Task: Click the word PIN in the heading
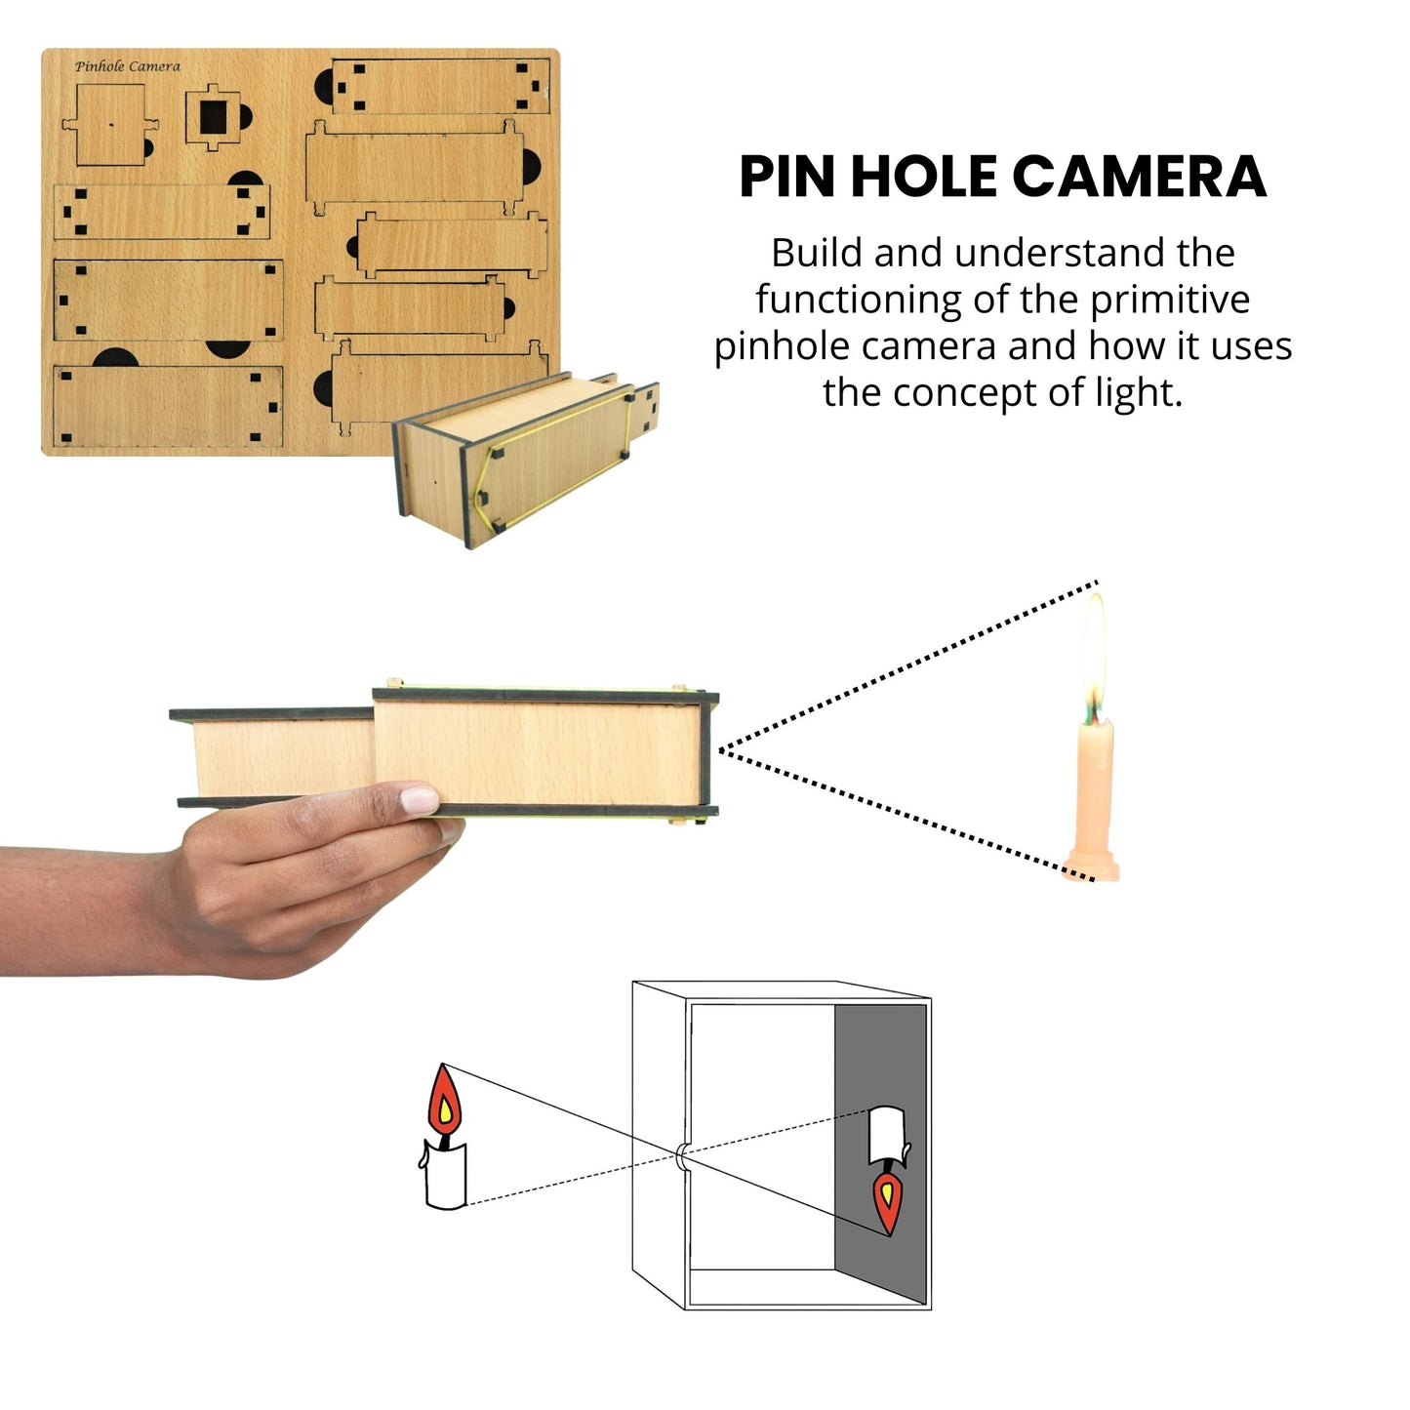788,177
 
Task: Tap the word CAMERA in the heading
1138,177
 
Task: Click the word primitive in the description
1169,300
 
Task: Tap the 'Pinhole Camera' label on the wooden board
128,66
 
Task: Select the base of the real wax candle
1092,866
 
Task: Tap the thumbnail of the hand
420,800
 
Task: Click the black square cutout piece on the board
214,117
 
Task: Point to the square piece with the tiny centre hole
110,125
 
